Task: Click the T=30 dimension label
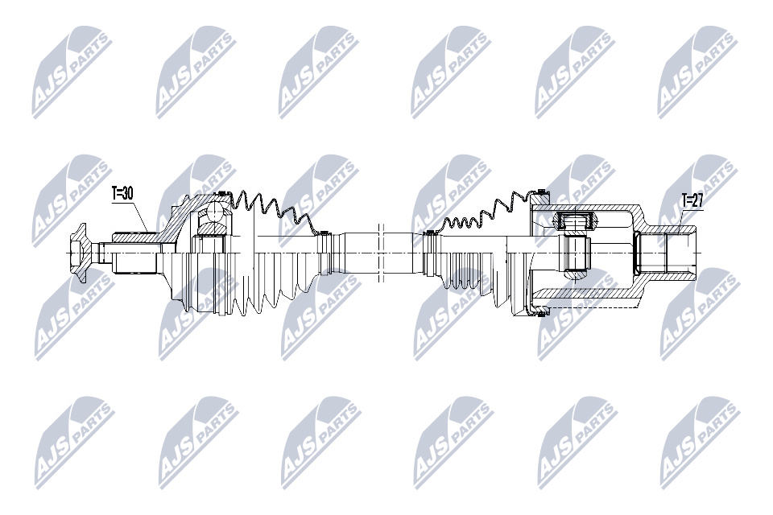point(122,194)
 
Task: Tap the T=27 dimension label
point(692,200)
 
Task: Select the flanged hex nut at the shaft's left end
point(79,253)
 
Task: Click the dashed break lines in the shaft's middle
point(380,253)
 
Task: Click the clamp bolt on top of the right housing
point(542,192)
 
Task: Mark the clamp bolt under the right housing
point(542,311)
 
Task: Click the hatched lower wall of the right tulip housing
point(587,294)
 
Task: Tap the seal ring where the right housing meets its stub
point(637,253)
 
